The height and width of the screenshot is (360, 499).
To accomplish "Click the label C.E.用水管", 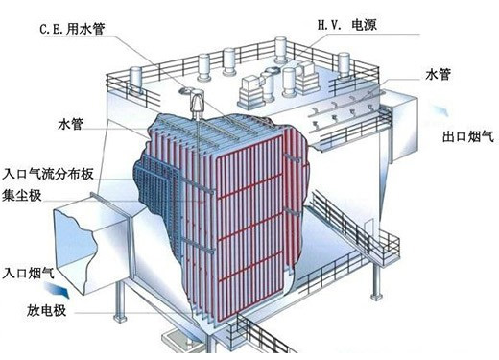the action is pos(72,29).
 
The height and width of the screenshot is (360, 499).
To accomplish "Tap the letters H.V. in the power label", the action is pos(330,25).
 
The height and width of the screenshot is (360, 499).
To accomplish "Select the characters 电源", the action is pos(365,25).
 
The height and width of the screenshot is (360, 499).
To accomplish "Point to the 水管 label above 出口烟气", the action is pos(438,74).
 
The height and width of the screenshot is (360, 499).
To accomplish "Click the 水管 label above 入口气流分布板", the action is pos(71,124).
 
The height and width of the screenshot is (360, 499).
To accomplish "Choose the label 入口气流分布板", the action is pos(48,174).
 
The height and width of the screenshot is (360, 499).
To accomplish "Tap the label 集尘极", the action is pos(22,195).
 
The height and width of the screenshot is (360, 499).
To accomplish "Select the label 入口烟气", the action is pos(28,273).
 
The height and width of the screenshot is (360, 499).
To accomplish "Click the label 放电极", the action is pos(46,310).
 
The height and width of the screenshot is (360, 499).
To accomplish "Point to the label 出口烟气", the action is pos(468,136).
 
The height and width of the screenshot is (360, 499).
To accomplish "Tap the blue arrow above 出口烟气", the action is pos(440,110).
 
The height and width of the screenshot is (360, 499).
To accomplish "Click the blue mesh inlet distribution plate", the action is pos(156,192).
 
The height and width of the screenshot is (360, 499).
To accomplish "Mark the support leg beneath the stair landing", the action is pos(377,281).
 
